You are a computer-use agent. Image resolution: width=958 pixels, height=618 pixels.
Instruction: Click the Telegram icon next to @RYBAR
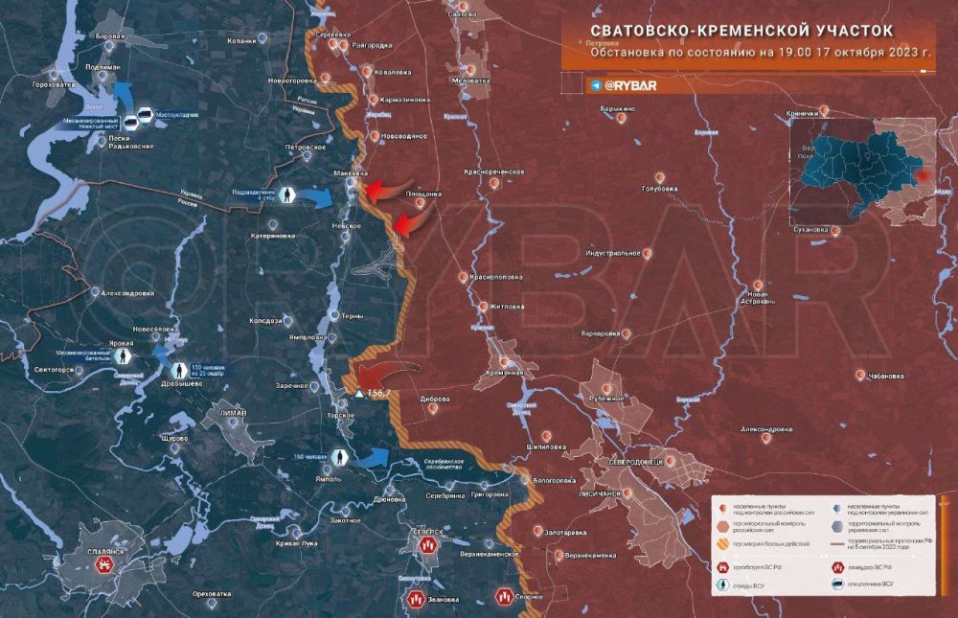tap(596, 85)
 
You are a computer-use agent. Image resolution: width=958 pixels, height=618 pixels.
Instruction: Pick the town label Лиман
tap(233, 413)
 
